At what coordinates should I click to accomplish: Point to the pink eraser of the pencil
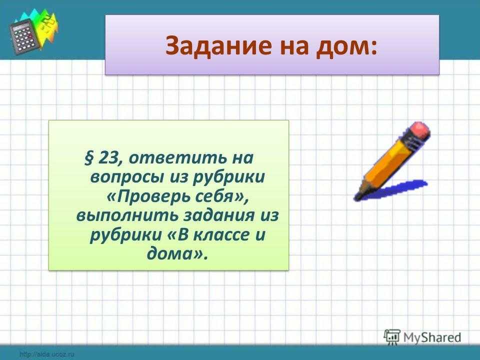(419, 130)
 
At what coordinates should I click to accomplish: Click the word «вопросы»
(126, 177)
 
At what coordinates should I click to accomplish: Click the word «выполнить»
(127, 216)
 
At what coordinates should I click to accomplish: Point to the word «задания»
(219, 216)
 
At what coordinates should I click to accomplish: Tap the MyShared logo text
(432, 337)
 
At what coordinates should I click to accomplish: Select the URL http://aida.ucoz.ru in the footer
(46, 355)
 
